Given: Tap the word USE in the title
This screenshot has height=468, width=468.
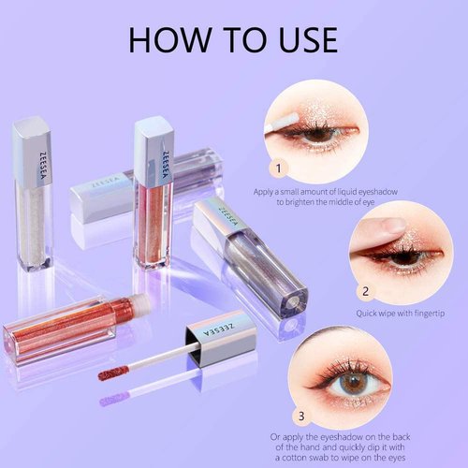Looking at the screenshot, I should click(297, 40).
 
